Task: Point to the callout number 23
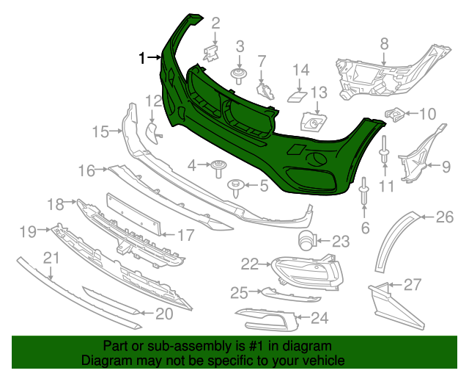(341, 241)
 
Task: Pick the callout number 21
(51, 257)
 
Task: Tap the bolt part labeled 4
(219, 167)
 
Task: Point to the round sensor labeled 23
(306, 239)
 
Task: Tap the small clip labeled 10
(394, 114)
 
